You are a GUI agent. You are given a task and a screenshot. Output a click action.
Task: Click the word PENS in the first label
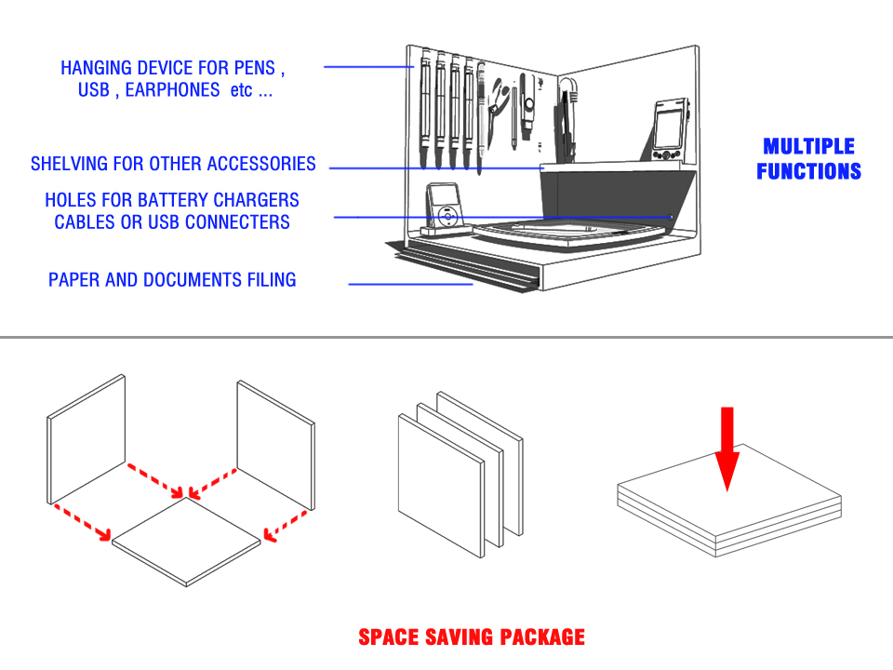click(259, 68)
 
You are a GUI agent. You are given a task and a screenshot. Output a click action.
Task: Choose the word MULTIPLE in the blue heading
click(808, 146)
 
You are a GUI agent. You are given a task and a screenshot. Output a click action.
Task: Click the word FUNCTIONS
click(808, 171)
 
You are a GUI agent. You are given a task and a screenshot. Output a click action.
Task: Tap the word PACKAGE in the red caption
click(542, 637)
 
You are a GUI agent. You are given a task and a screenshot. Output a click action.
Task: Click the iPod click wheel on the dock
click(448, 216)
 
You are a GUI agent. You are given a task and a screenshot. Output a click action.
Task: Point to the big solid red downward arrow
click(727, 448)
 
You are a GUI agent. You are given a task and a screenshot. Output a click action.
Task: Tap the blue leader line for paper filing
click(410, 283)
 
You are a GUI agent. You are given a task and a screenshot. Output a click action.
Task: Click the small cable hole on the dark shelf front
click(671, 216)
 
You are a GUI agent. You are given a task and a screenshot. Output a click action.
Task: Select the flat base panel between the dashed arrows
click(186, 541)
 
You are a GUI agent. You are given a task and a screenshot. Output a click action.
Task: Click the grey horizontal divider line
click(446, 337)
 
